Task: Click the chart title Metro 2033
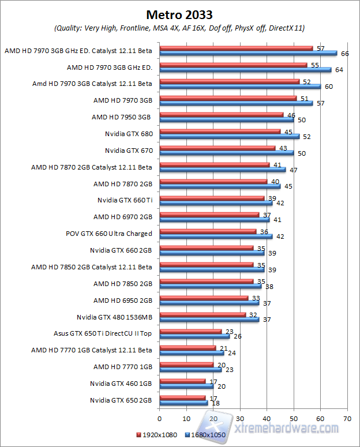point(179,14)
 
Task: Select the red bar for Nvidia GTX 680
point(220,132)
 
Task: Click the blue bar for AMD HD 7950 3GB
point(226,120)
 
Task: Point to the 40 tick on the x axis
point(267,419)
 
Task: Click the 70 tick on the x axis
point(347,419)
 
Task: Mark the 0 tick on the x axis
point(159,419)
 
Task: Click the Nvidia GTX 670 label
point(129,151)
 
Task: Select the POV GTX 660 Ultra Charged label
point(109,234)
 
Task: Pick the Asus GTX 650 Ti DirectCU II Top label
point(103,333)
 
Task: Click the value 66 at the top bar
point(345,54)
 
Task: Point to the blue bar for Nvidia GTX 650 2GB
point(183,403)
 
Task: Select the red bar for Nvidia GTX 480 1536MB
point(202,314)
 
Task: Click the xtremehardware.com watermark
point(288,428)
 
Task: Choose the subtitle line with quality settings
point(179,28)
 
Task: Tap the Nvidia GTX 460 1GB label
point(121,383)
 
